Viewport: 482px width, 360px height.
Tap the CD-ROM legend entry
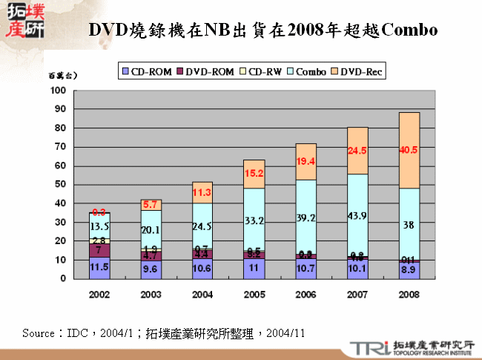(x=148, y=72)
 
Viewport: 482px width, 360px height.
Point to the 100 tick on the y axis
(x=59, y=91)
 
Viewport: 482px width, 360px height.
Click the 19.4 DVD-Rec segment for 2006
(x=306, y=162)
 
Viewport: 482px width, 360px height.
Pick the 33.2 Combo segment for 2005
(x=254, y=220)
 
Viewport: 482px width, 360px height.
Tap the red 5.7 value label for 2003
(x=151, y=204)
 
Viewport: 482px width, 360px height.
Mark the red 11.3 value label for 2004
(x=202, y=192)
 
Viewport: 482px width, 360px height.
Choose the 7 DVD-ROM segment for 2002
(x=100, y=250)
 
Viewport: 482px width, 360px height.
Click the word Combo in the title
(x=406, y=30)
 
